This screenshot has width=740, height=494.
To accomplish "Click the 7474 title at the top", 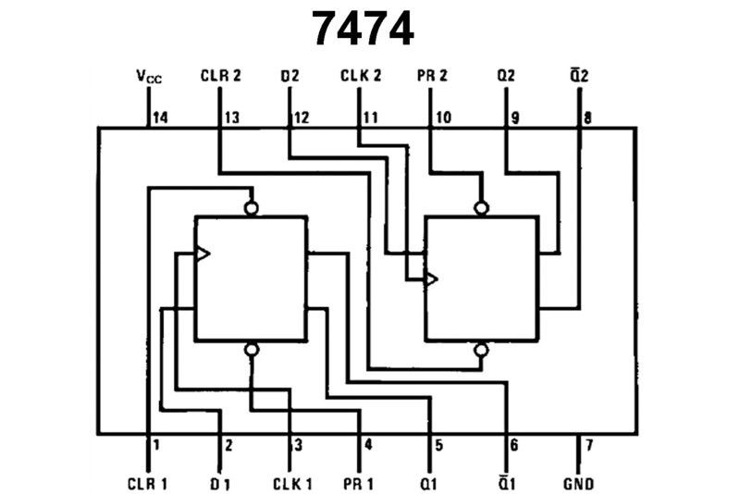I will pyautogui.click(x=363, y=29).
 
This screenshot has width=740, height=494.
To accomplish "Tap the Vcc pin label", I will pyautogui.click(x=148, y=75).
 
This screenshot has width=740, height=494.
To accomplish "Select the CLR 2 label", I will pyautogui.click(x=220, y=75).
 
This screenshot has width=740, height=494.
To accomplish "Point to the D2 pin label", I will pyautogui.click(x=290, y=75).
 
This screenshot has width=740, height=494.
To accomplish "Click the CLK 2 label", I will pyautogui.click(x=361, y=75).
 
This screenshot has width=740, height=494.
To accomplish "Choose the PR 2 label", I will pyautogui.click(x=432, y=75).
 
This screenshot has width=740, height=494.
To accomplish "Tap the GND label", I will pyautogui.click(x=578, y=483).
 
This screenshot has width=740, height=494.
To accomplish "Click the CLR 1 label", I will pyautogui.click(x=147, y=483).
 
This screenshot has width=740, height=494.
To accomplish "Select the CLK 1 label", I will pyautogui.click(x=291, y=483).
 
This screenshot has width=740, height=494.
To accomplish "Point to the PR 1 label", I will pyautogui.click(x=362, y=483).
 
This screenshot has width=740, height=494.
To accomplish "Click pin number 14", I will pyautogui.click(x=160, y=117).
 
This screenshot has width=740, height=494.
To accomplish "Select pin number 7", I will pyautogui.click(x=588, y=445).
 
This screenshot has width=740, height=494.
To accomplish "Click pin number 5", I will pyautogui.click(x=439, y=445).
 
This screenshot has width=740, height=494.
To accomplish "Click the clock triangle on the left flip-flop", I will pyautogui.click(x=202, y=253).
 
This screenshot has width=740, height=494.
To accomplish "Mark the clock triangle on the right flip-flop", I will pyautogui.click(x=431, y=278).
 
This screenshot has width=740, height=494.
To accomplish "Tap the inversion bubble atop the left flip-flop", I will pyautogui.click(x=251, y=208).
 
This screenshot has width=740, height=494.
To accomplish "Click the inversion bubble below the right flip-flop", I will pyautogui.click(x=480, y=350).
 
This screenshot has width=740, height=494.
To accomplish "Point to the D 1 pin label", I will pyautogui.click(x=219, y=483).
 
